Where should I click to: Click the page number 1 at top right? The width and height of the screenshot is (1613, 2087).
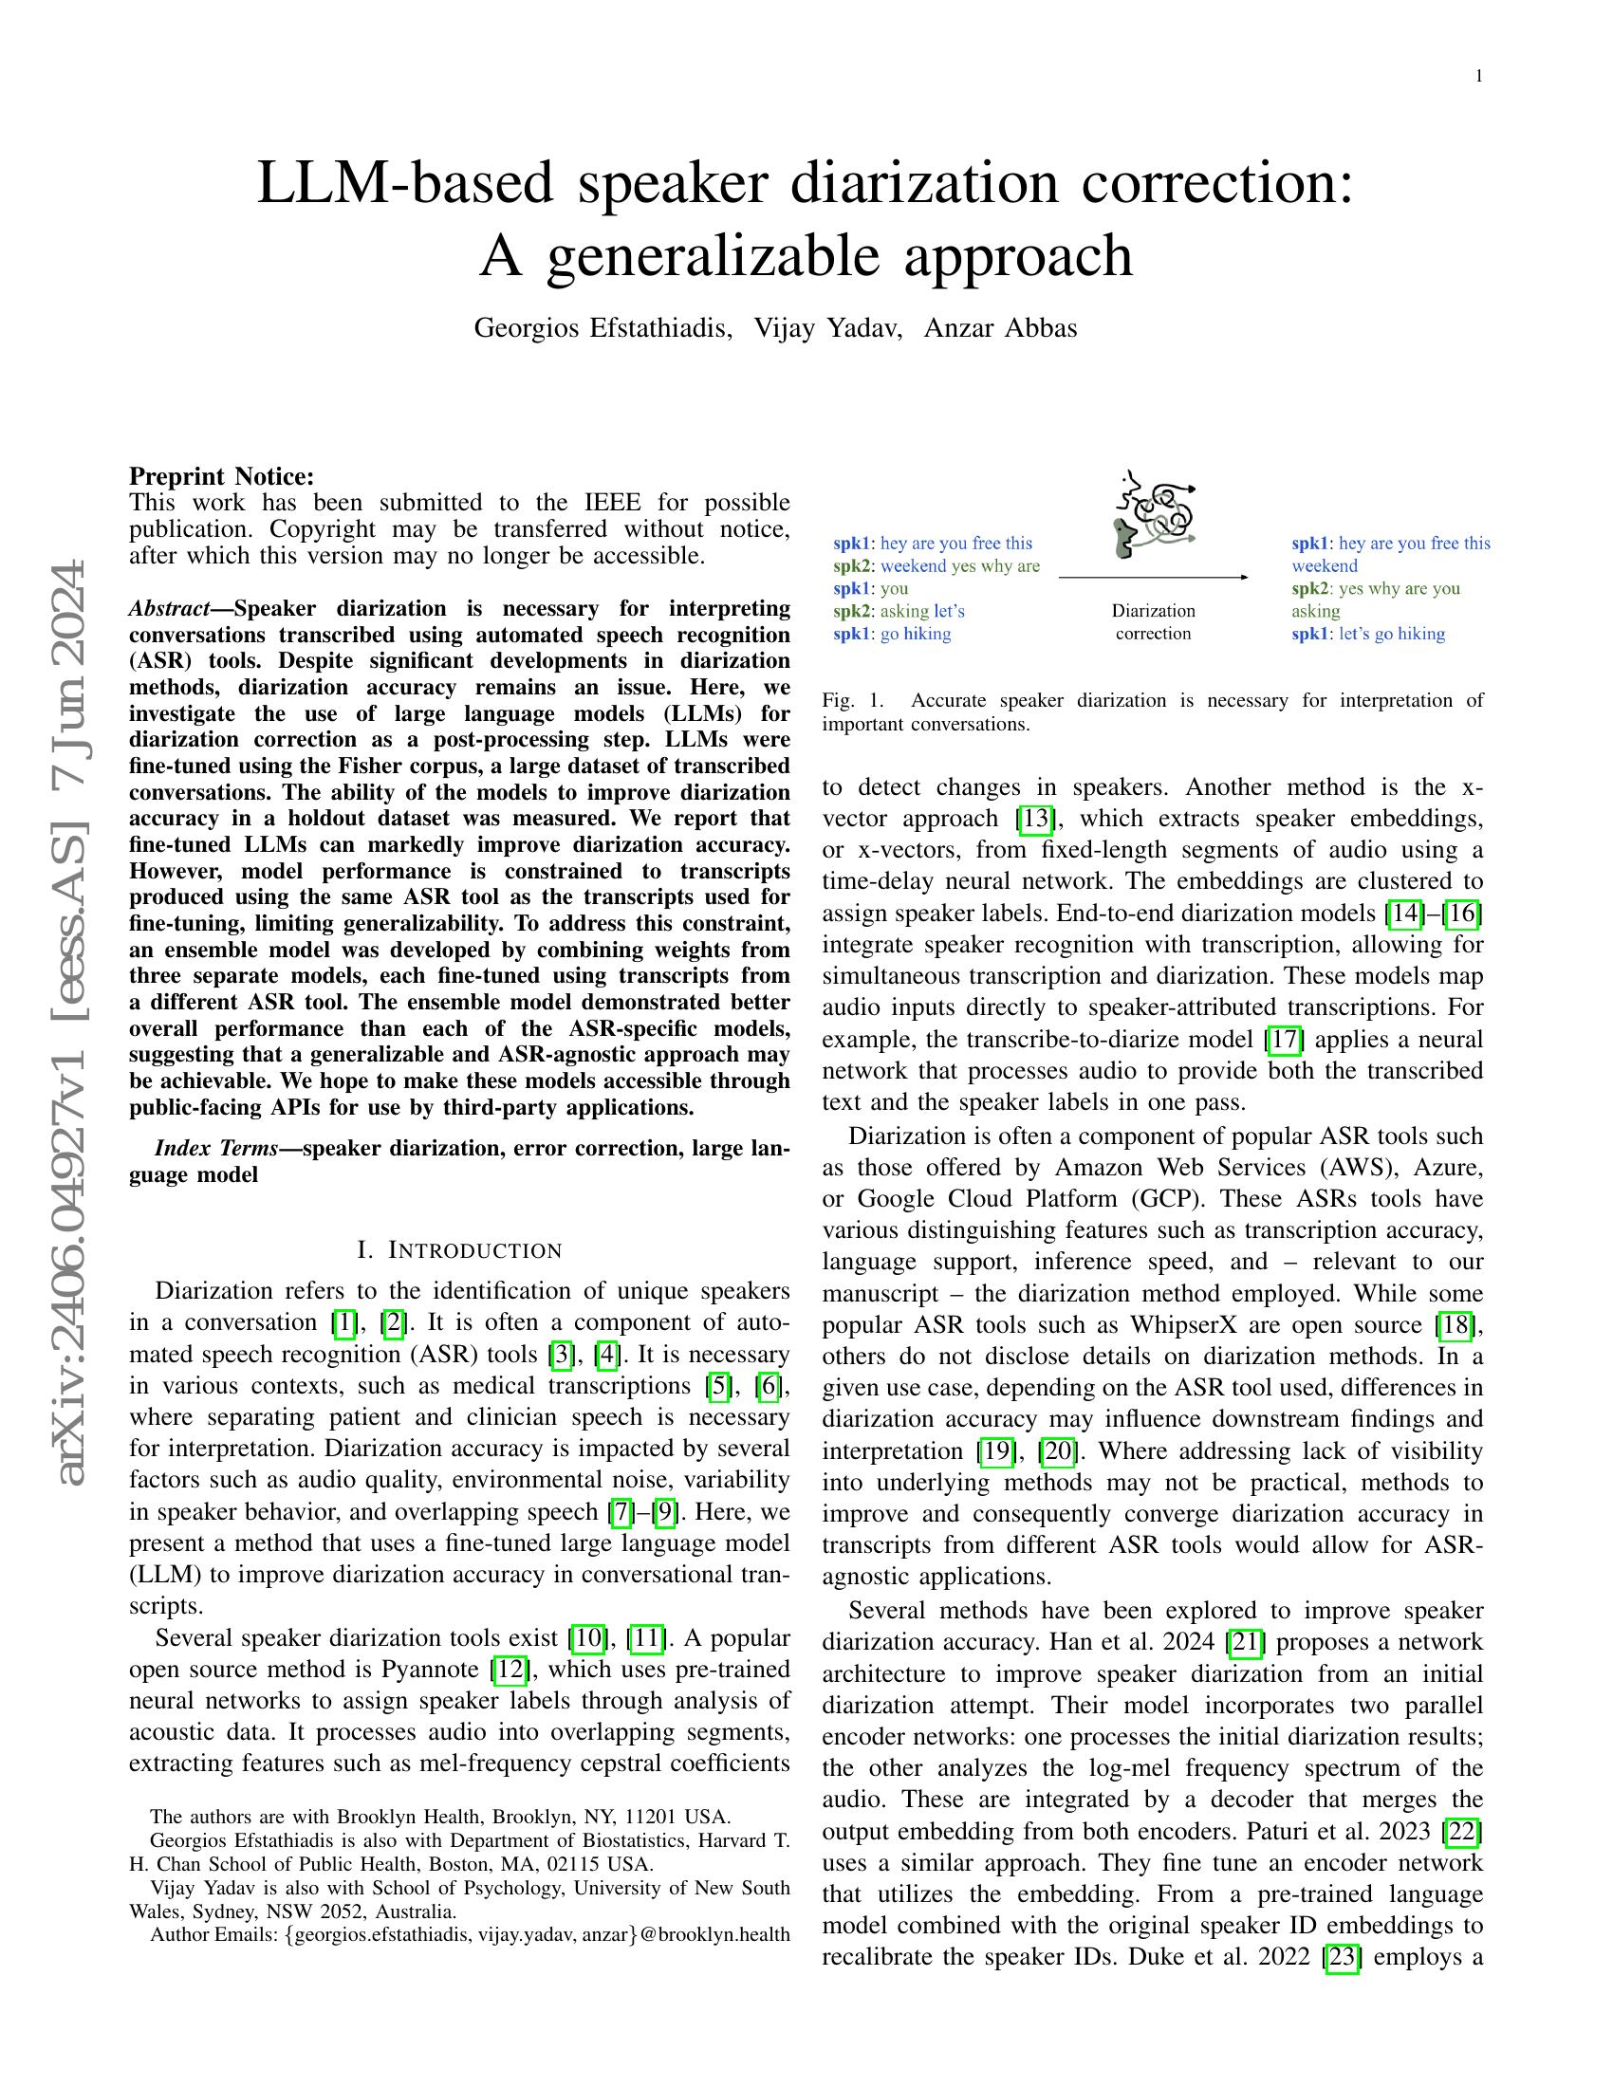tap(1478, 77)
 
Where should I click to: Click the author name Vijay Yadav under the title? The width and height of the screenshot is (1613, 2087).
tap(826, 328)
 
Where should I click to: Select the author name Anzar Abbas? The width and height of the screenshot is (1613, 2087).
tap(1000, 328)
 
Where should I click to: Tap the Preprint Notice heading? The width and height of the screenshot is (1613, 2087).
tap(221, 476)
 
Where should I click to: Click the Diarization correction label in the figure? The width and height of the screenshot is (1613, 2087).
tap(1153, 622)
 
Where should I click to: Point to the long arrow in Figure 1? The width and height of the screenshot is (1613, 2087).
tap(1153, 577)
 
